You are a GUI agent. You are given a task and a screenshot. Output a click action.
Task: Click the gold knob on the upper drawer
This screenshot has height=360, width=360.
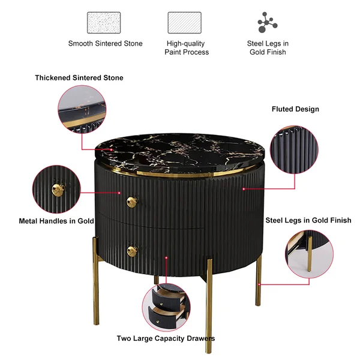coord(132,202)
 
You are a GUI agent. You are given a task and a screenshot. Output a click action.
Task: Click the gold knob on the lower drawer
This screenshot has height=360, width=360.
coord(133,251)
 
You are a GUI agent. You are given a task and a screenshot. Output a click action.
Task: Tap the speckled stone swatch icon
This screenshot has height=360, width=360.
coord(104,23)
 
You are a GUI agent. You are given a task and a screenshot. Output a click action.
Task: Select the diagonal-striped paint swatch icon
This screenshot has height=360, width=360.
coord(185,23)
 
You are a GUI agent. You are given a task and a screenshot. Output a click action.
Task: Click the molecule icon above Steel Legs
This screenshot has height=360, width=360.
coord(267,22)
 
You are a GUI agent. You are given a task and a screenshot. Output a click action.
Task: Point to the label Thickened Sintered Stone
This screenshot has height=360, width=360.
coord(79,77)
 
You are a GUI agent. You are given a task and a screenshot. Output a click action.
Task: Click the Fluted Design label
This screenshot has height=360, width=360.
coord(295,109)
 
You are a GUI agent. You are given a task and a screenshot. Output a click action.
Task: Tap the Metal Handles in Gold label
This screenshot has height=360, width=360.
coord(56,221)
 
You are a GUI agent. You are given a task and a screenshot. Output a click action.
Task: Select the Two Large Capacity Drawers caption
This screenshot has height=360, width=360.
coord(166,338)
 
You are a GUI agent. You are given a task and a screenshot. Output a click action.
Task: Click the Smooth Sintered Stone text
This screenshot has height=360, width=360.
coord(106,43)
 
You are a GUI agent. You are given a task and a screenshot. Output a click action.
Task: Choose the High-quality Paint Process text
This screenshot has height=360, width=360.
coord(187,48)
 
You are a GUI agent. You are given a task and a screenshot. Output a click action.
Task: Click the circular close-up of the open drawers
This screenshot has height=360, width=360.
coord(166,307)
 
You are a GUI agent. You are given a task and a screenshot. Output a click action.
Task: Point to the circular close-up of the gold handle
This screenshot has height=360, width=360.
coord(56,189)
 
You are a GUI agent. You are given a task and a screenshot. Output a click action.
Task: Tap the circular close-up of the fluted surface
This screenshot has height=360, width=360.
coord(294,149)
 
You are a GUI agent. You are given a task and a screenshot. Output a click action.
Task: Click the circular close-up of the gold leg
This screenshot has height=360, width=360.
coord(309,254)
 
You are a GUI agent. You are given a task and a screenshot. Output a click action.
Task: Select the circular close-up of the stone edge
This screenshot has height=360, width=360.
coord(82,110)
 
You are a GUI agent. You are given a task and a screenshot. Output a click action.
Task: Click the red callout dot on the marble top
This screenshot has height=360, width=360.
coord(112,149)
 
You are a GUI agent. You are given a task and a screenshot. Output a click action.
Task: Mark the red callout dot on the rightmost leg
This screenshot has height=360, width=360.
coord(259,284)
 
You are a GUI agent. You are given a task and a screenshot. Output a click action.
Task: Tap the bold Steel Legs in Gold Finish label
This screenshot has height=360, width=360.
coord(308,220)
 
